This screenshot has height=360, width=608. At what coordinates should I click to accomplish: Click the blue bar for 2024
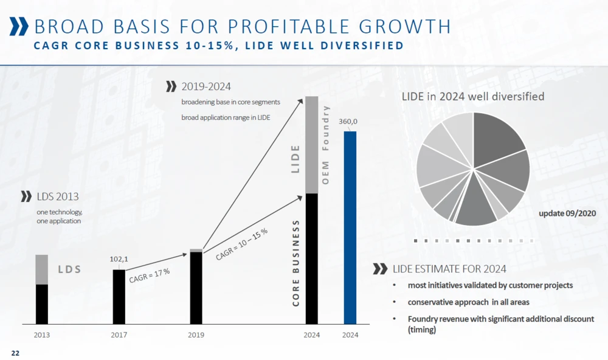350,227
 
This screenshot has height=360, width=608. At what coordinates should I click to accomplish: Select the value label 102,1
119,259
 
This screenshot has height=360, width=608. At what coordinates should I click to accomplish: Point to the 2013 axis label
42,335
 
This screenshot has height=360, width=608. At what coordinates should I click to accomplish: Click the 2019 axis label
196,335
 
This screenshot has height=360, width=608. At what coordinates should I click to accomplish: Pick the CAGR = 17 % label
150,276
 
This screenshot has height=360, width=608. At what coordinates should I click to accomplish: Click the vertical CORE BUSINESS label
296,263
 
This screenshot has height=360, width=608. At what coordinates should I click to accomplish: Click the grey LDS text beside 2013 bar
69,268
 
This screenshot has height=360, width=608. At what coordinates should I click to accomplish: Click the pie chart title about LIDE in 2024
472,96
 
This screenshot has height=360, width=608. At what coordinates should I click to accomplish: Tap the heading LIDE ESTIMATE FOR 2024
449,269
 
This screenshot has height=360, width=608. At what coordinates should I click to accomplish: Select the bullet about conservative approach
468,302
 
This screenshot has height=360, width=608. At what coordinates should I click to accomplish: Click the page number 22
15,353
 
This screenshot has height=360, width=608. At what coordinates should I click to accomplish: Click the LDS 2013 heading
58,196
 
